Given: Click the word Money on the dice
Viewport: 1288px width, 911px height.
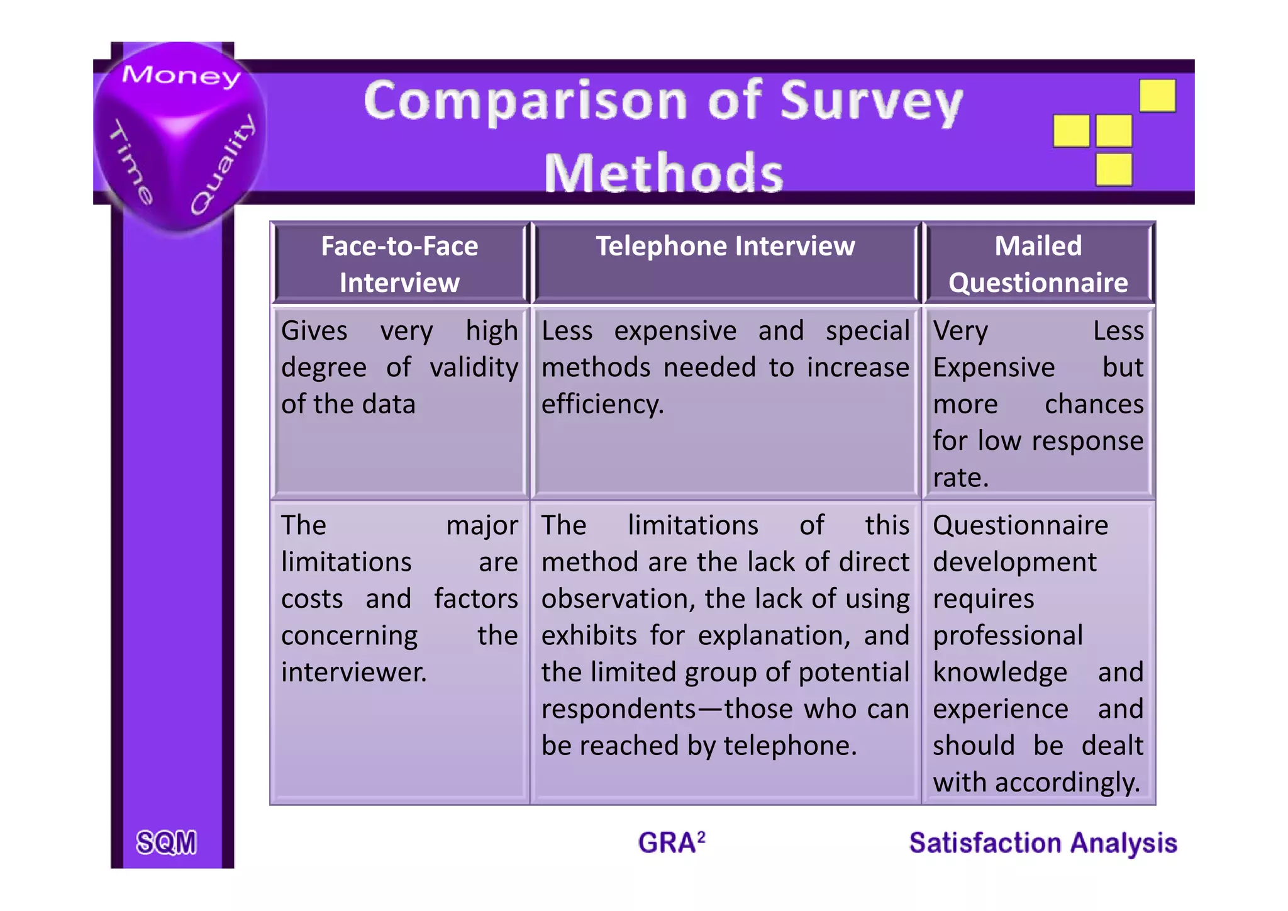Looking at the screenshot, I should coord(181,75).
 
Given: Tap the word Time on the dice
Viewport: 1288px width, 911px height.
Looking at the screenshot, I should coord(131,162).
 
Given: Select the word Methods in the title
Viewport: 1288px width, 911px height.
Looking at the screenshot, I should coord(663,173).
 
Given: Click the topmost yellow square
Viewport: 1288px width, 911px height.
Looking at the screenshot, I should coord(1157,96).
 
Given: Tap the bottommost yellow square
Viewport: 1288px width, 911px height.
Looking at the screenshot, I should coord(1114,169).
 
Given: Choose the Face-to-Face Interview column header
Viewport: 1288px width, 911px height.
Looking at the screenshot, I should coord(399,264).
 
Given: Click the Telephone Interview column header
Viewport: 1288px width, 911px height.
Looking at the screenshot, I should coord(725,246).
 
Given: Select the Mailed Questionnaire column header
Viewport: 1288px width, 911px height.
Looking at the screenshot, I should coord(1038,264).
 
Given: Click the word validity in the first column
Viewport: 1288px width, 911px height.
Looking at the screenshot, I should coord(474,368).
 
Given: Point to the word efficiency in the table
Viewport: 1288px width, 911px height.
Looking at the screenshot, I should coord(602,405).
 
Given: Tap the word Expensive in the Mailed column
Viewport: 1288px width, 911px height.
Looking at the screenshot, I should coord(993,368).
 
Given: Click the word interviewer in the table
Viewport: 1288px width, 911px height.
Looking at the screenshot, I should coord(353,673).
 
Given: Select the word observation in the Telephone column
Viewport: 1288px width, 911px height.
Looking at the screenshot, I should coord(618,599).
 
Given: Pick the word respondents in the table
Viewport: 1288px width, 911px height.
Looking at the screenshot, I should coord(618,710).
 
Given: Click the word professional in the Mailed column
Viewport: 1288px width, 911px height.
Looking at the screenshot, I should coord(1008,636).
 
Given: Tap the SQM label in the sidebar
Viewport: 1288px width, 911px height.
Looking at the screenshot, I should coord(167,842).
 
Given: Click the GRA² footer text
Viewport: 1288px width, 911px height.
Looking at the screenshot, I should coord(671,842).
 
